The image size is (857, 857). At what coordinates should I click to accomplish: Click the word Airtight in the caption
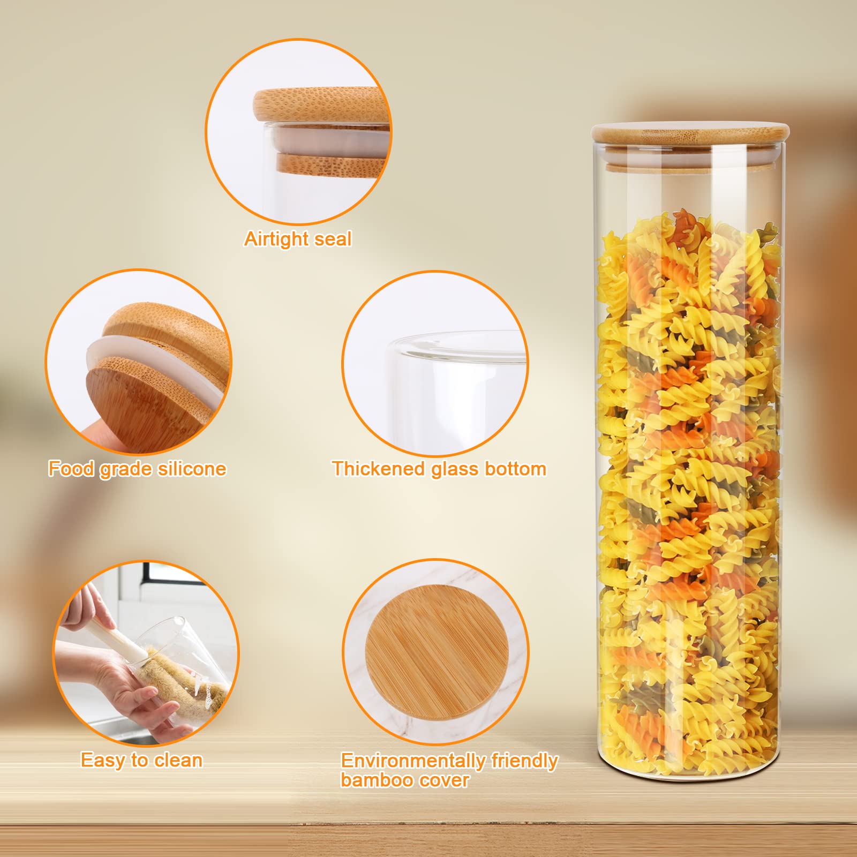click(276, 239)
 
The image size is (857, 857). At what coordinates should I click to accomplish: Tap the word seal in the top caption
click(333, 238)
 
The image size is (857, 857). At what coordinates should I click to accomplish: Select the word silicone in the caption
click(192, 469)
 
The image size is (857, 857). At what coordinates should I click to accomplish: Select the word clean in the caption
click(178, 760)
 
